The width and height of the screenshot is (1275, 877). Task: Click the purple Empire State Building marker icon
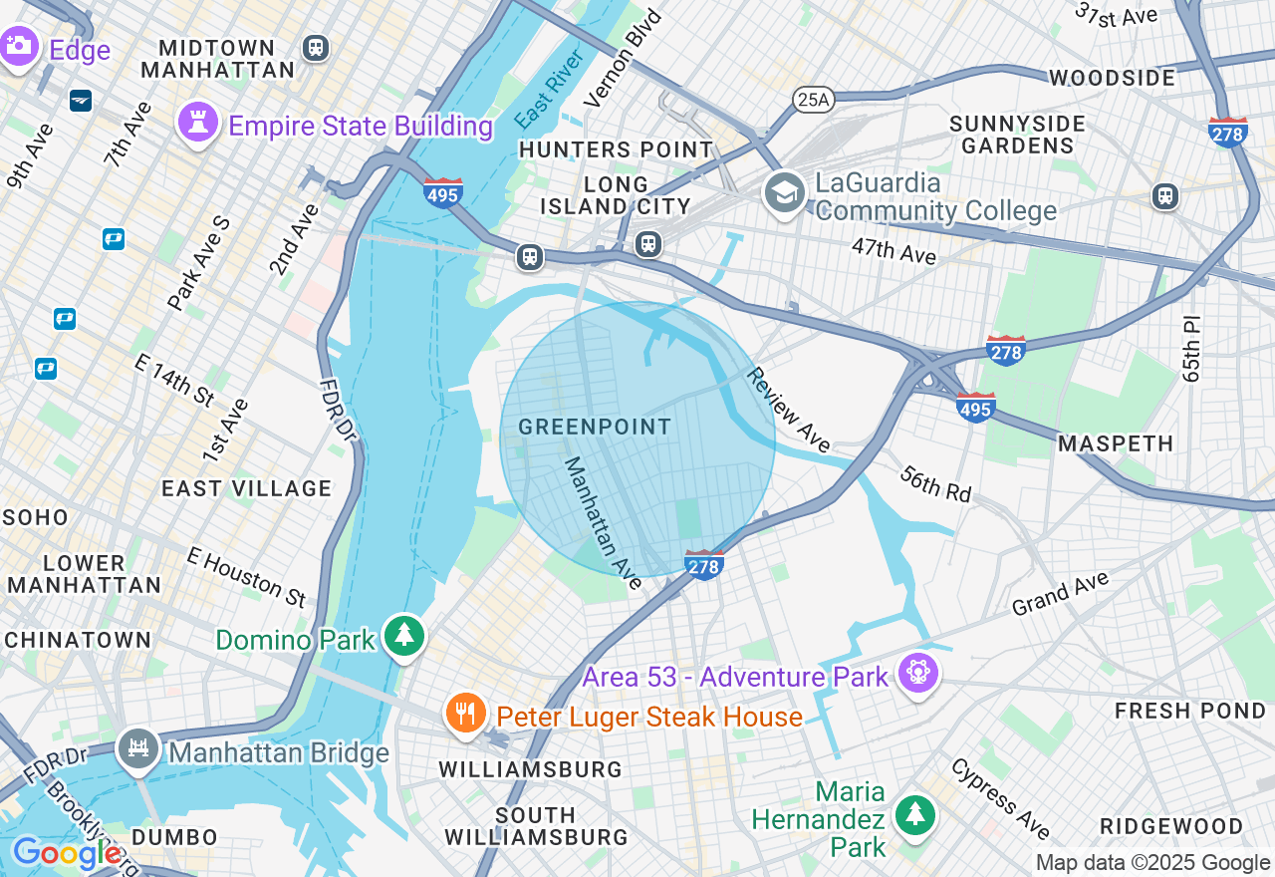click(x=197, y=124)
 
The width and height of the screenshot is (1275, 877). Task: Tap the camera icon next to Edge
click(x=17, y=46)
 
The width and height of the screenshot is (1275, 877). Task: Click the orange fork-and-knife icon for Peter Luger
click(x=464, y=714)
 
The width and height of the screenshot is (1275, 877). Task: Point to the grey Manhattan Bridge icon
click(x=137, y=749)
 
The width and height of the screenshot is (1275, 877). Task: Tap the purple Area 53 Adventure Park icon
click(x=916, y=674)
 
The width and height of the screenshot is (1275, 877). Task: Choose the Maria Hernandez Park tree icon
click(x=913, y=814)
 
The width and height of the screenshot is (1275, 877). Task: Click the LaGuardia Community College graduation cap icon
click(x=785, y=191)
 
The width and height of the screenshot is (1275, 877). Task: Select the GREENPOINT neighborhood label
click(x=595, y=428)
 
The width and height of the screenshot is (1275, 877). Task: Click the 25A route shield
click(x=813, y=98)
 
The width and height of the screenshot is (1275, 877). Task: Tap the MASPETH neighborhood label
click(x=1116, y=443)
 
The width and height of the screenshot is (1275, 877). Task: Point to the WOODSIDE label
click(x=1112, y=78)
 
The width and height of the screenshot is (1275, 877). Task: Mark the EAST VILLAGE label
click(x=246, y=488)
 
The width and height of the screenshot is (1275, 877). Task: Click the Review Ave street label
click(x=788, y=410)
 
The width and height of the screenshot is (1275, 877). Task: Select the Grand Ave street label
click(x=1060, y=594)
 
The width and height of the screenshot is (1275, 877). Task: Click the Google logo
click(x=67, y=853)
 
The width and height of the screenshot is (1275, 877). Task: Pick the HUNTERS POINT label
click(x=616, y=149)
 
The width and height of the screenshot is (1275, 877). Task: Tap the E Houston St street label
click(x=246, y=577)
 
